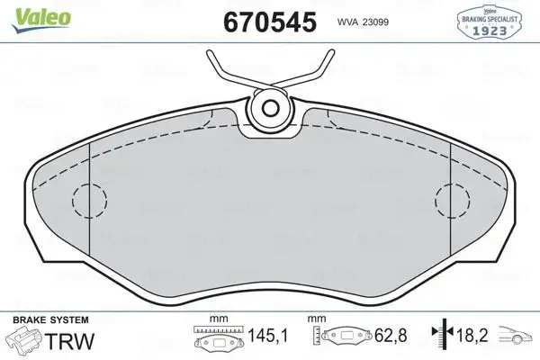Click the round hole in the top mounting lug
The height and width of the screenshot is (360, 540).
coord(269,110)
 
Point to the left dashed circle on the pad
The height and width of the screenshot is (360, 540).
coord(88,199)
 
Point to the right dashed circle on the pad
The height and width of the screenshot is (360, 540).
coord(452,199)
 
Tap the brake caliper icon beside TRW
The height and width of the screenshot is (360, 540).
coord(25,343)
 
